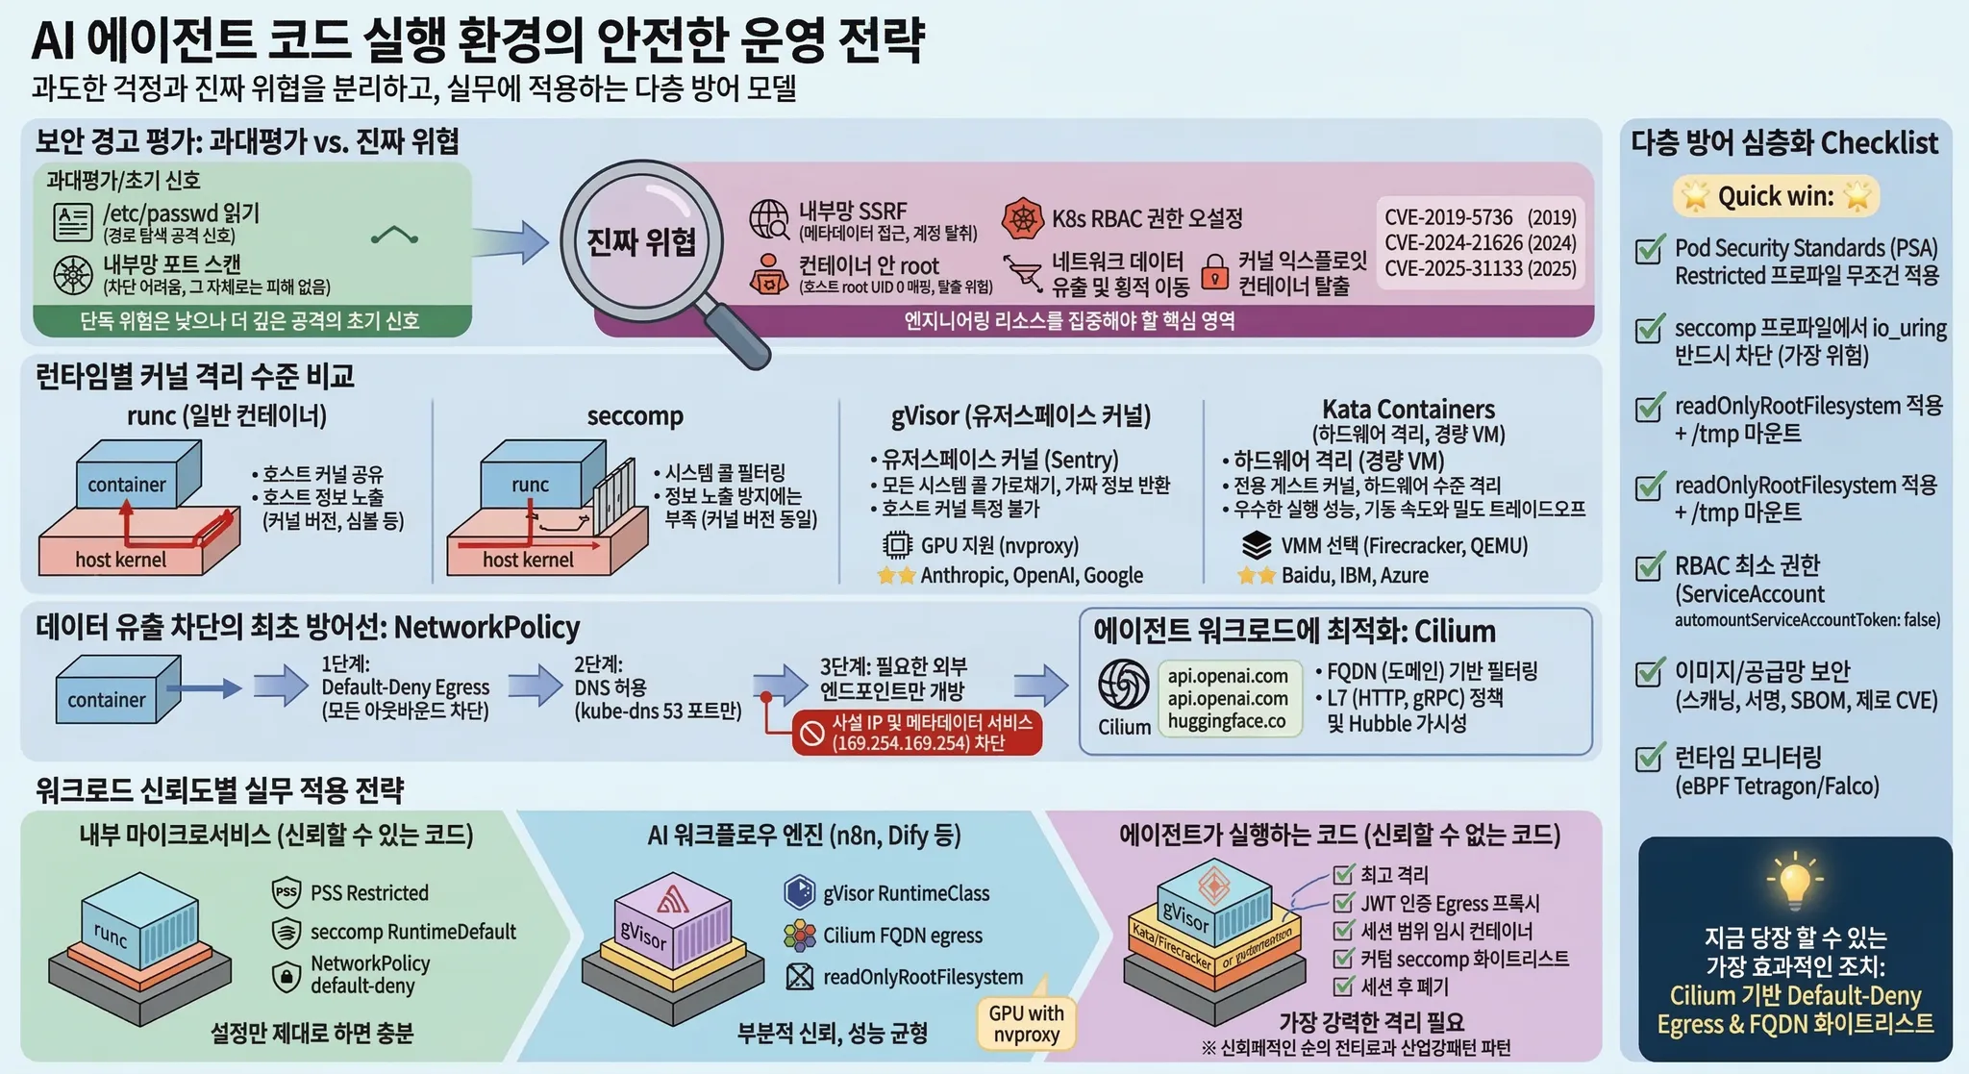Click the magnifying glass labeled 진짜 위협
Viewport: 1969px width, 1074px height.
click(641, 240)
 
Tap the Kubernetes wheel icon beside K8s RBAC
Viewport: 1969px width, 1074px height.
click(1022, 219)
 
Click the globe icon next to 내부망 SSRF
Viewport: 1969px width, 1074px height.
click(769, 219)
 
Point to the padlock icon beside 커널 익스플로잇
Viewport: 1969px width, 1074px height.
click(1215, 272)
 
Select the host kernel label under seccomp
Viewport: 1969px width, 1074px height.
click(528, 560)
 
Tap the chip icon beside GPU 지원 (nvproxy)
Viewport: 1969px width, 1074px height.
click(897, 545)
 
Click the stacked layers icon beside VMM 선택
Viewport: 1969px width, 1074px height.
click(1256, 545)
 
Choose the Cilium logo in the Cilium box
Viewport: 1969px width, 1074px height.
click(1124, 685)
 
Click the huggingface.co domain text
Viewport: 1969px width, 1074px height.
click(1227, 721)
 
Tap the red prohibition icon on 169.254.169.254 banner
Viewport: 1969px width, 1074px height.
click(812, 734)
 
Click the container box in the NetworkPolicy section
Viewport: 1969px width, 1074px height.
click(108, 695)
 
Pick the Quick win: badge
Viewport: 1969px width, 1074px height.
click(1776, 196)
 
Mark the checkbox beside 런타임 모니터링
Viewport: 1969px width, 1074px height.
click(1650, 758)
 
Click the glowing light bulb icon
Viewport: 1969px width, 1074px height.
click(1794, 880)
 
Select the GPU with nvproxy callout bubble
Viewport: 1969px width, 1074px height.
click(1026, 1024)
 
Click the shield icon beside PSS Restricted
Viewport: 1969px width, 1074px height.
click(287, 892)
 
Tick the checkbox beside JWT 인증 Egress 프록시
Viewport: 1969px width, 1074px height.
click(1343, 903)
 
